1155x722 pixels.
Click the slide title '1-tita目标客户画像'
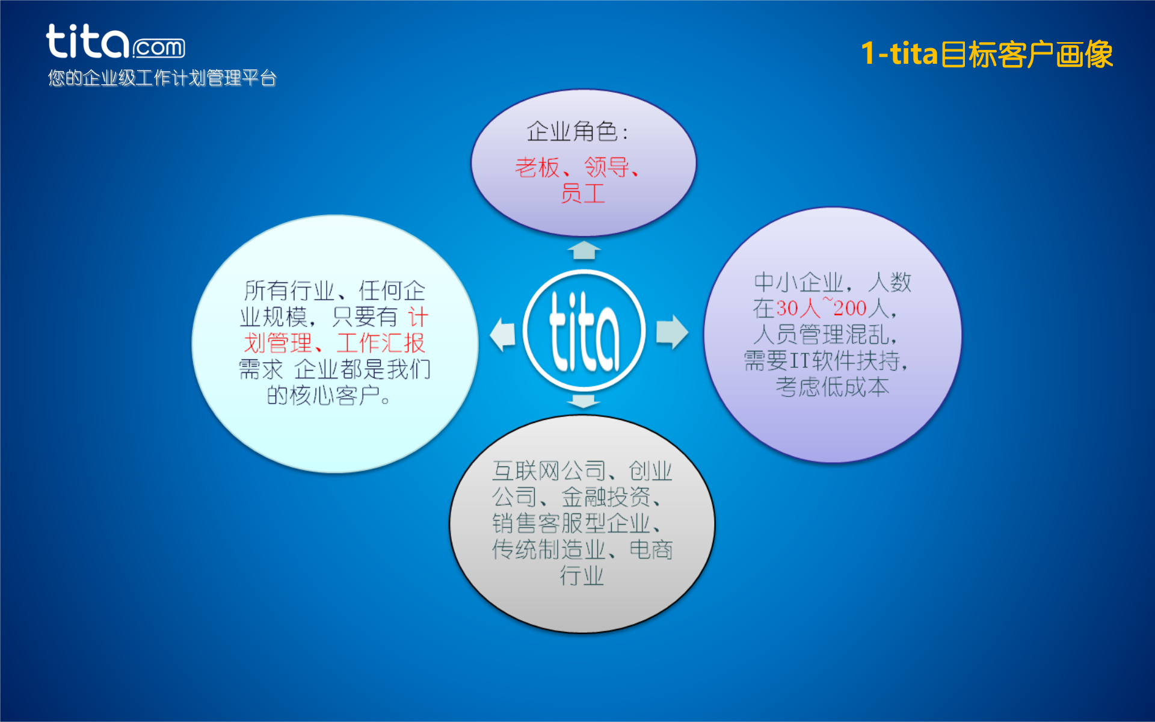pos(987,54)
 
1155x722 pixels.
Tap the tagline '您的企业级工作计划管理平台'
pos(162,78)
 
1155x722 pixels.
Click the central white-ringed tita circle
pos(584,331)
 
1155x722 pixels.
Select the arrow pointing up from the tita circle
pos(584,250)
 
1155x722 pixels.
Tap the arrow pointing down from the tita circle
pos(583,401)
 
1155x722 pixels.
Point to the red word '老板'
pos(537,167)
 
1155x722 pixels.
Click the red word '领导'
pos(606,167)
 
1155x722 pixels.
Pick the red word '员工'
pos(582,194)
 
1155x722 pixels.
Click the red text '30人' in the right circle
pos(798,308)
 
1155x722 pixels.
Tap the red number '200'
pos(849,308)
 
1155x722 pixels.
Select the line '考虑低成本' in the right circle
pos(832,387)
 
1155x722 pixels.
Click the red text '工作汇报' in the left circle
pos(380,343)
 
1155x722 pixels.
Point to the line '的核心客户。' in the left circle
pos(330,395)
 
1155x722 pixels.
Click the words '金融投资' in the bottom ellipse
pos(606,497)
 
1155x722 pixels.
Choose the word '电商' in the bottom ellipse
pos(651,549)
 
